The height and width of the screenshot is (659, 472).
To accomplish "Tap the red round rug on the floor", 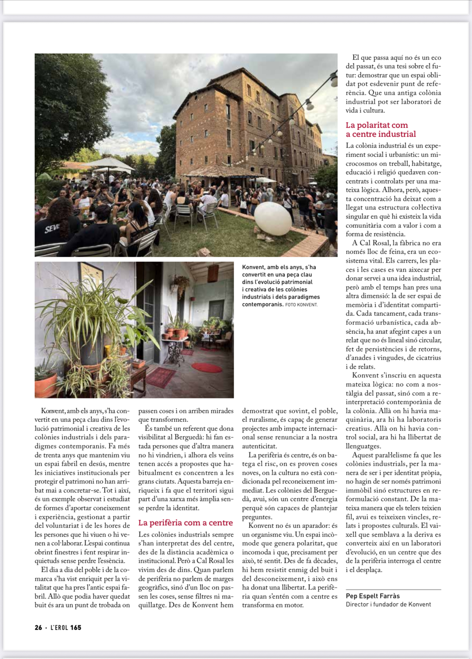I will [207, 367].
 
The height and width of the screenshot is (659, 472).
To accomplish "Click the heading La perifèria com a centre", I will [186, 523].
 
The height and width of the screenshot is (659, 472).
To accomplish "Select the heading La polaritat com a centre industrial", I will [380, 130].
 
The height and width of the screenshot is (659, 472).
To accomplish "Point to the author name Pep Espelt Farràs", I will [373, 596].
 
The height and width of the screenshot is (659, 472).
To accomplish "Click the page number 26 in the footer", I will [38, 628].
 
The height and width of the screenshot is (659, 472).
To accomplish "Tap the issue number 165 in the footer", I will [76, 628].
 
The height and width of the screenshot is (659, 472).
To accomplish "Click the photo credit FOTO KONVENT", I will [301, 304].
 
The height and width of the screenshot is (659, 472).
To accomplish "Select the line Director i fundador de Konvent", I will [388, 605].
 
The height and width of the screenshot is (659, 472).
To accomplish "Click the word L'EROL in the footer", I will [59, 628].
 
